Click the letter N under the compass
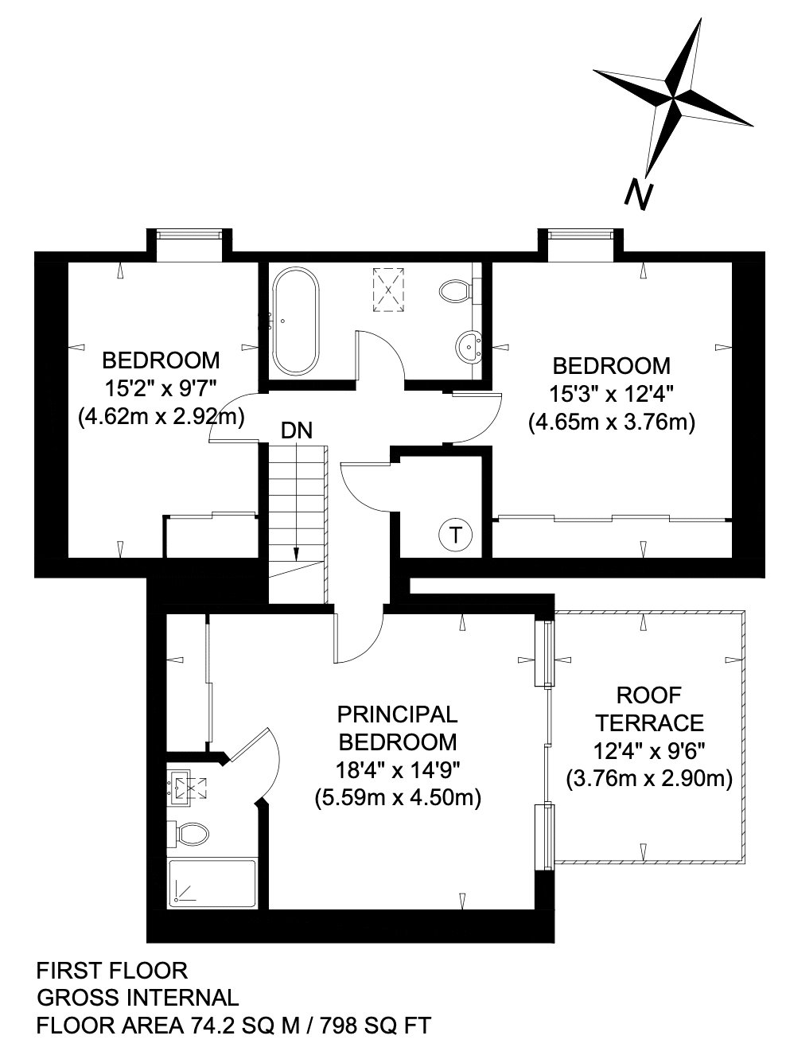[638, 195]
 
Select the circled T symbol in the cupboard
[455, 535]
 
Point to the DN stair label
[297, 430]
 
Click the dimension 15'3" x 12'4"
[612, 395]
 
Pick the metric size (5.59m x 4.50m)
[398, 798]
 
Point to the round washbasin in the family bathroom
[469, 347]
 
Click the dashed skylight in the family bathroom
[389, 290]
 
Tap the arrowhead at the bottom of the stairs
[296, 554]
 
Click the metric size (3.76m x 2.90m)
[649, 779]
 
